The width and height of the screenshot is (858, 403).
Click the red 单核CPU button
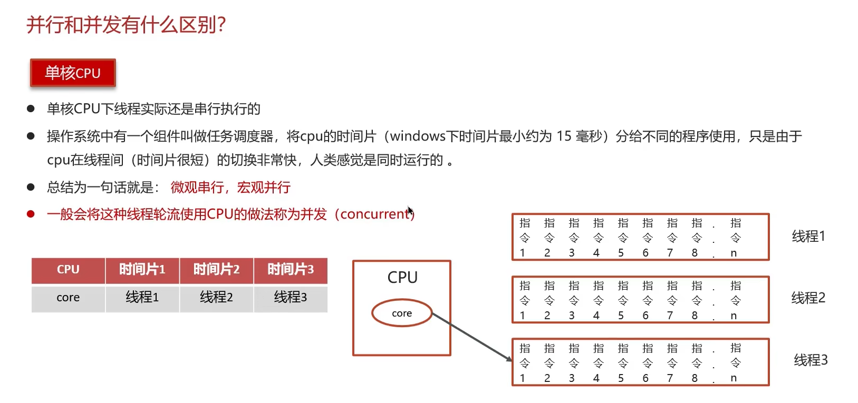(x=73, y=73)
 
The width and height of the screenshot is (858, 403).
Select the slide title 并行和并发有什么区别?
(x=127, y=25)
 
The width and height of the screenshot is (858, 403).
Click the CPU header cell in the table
(x=68, y=270)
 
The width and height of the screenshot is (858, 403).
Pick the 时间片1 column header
(x=142, y=270)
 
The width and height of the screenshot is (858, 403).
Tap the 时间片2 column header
(x=216, y=270)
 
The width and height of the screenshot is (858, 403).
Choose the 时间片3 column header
(x=290, y=270)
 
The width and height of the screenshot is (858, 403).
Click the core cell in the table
(x=68, y=298)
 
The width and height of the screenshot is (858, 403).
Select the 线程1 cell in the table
(x=142, y=298)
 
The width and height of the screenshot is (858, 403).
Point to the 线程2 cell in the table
(x=216, y=298)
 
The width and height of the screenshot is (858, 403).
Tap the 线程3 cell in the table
(x=290, y=298)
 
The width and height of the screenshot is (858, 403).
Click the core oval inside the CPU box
(x=402, y=313)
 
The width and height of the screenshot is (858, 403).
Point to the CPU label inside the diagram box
(x=402, y=278)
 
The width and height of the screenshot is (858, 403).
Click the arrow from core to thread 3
(x=472, y=337)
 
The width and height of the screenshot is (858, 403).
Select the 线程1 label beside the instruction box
(x=808, y=236)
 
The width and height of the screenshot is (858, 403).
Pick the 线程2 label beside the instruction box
(x=808, y=298)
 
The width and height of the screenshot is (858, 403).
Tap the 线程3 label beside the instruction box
(x=811, y=360)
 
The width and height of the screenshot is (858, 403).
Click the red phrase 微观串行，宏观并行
(x=230, y=188)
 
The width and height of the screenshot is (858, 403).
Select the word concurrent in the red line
(x=375, y=214)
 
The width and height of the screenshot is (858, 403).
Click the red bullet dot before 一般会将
(x=31, y=214)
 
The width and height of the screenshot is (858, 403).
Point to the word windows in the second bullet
(x=418, y=136)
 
